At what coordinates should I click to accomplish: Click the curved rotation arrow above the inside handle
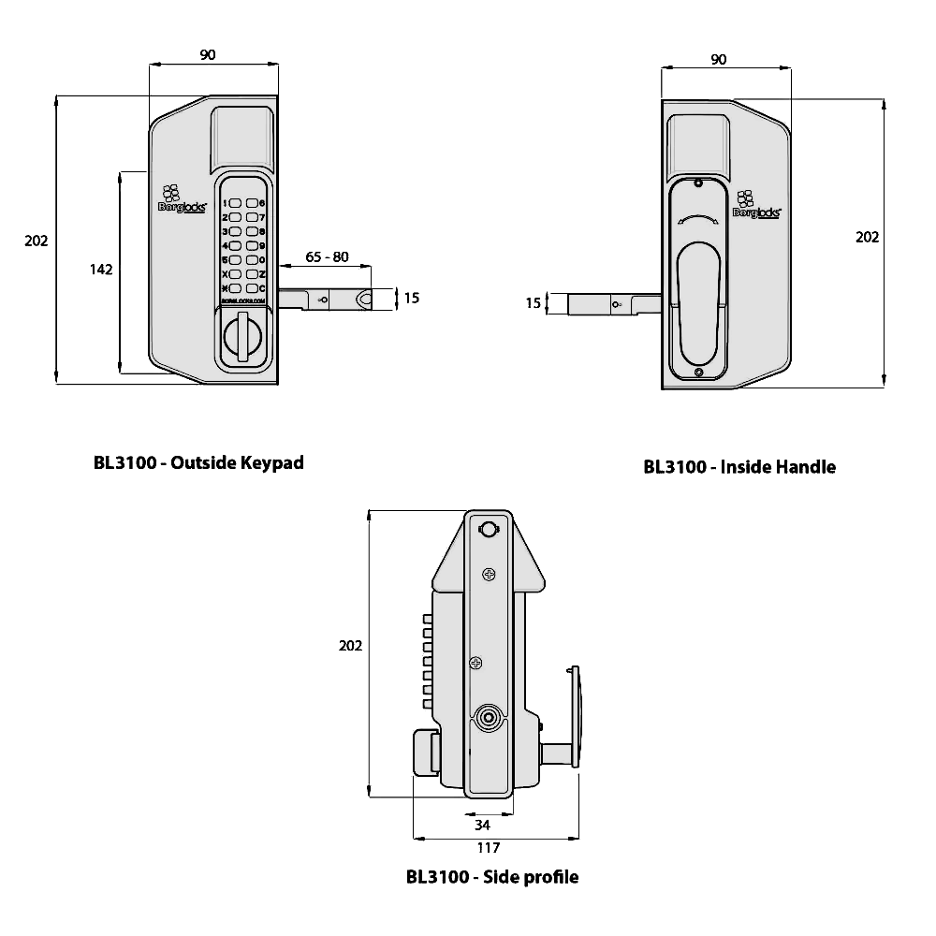tap(696, 222)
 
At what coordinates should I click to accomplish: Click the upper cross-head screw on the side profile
tap(488, 574)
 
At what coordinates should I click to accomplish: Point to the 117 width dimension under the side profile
tap(488, 849)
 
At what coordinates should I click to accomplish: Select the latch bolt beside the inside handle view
tap(605, 304)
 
